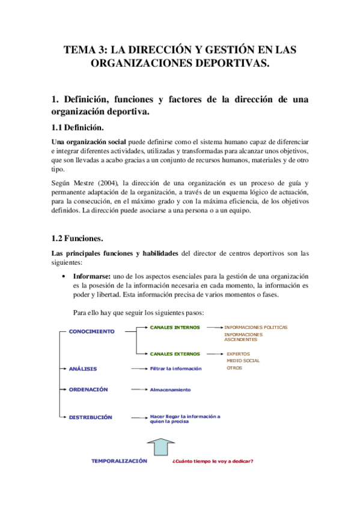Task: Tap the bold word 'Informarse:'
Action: [x=93, y=275]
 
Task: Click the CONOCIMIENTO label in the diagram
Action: [x=91, y=331]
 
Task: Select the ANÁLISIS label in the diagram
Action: [x=83, y=368]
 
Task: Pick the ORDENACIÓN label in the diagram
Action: [x=88, y=389]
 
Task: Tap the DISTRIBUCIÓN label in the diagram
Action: [x=90, y=417]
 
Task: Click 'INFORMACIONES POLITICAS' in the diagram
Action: [x=255, y=328]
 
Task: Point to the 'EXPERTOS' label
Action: [x=238, y=354]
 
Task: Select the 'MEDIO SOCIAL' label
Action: [x=243, y=361]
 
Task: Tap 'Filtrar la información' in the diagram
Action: [x=175, y=369]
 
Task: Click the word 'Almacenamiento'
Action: [x=170, y=390]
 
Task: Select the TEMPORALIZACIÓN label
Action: [x=119, y=461]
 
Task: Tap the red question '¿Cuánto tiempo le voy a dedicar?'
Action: [x=212, y=461]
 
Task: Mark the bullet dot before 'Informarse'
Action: [x=64, y=275]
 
